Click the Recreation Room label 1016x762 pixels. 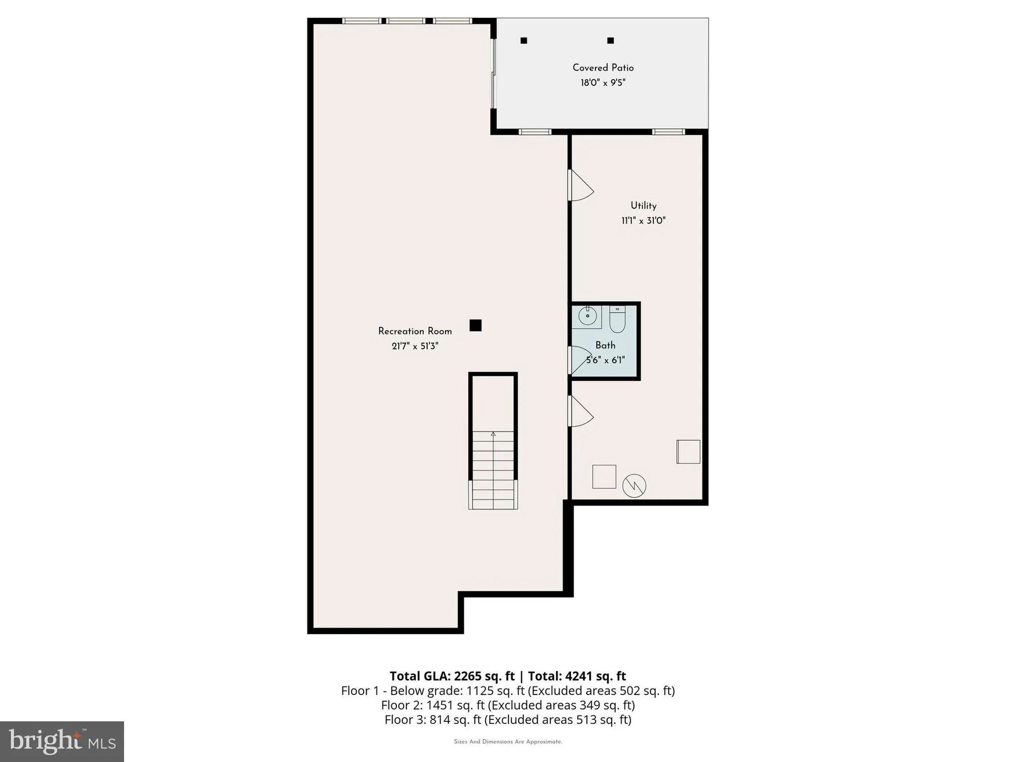[415, 331]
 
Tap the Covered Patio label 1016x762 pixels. [603, 68]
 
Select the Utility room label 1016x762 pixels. [643, 205]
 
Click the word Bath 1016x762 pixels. [605, 345]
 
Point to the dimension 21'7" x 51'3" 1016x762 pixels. [415, 346]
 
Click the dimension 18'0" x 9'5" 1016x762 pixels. [603, 83]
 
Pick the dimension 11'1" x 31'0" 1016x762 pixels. [643, 220]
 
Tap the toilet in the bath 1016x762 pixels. [617, 319]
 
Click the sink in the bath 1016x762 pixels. [587, 316]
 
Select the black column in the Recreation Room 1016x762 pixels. [475, 325]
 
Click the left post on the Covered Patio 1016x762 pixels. [524, 41]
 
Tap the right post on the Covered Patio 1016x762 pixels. [611, 41]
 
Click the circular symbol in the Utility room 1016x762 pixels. [634, 486]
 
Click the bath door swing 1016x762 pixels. [578, 360]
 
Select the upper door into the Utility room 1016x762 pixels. [579, 185]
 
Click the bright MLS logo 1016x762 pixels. [62, 741]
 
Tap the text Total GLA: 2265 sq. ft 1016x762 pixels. [452, 676]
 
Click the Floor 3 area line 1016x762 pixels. [507, 719]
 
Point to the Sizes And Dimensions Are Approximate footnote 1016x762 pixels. [507, 742]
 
